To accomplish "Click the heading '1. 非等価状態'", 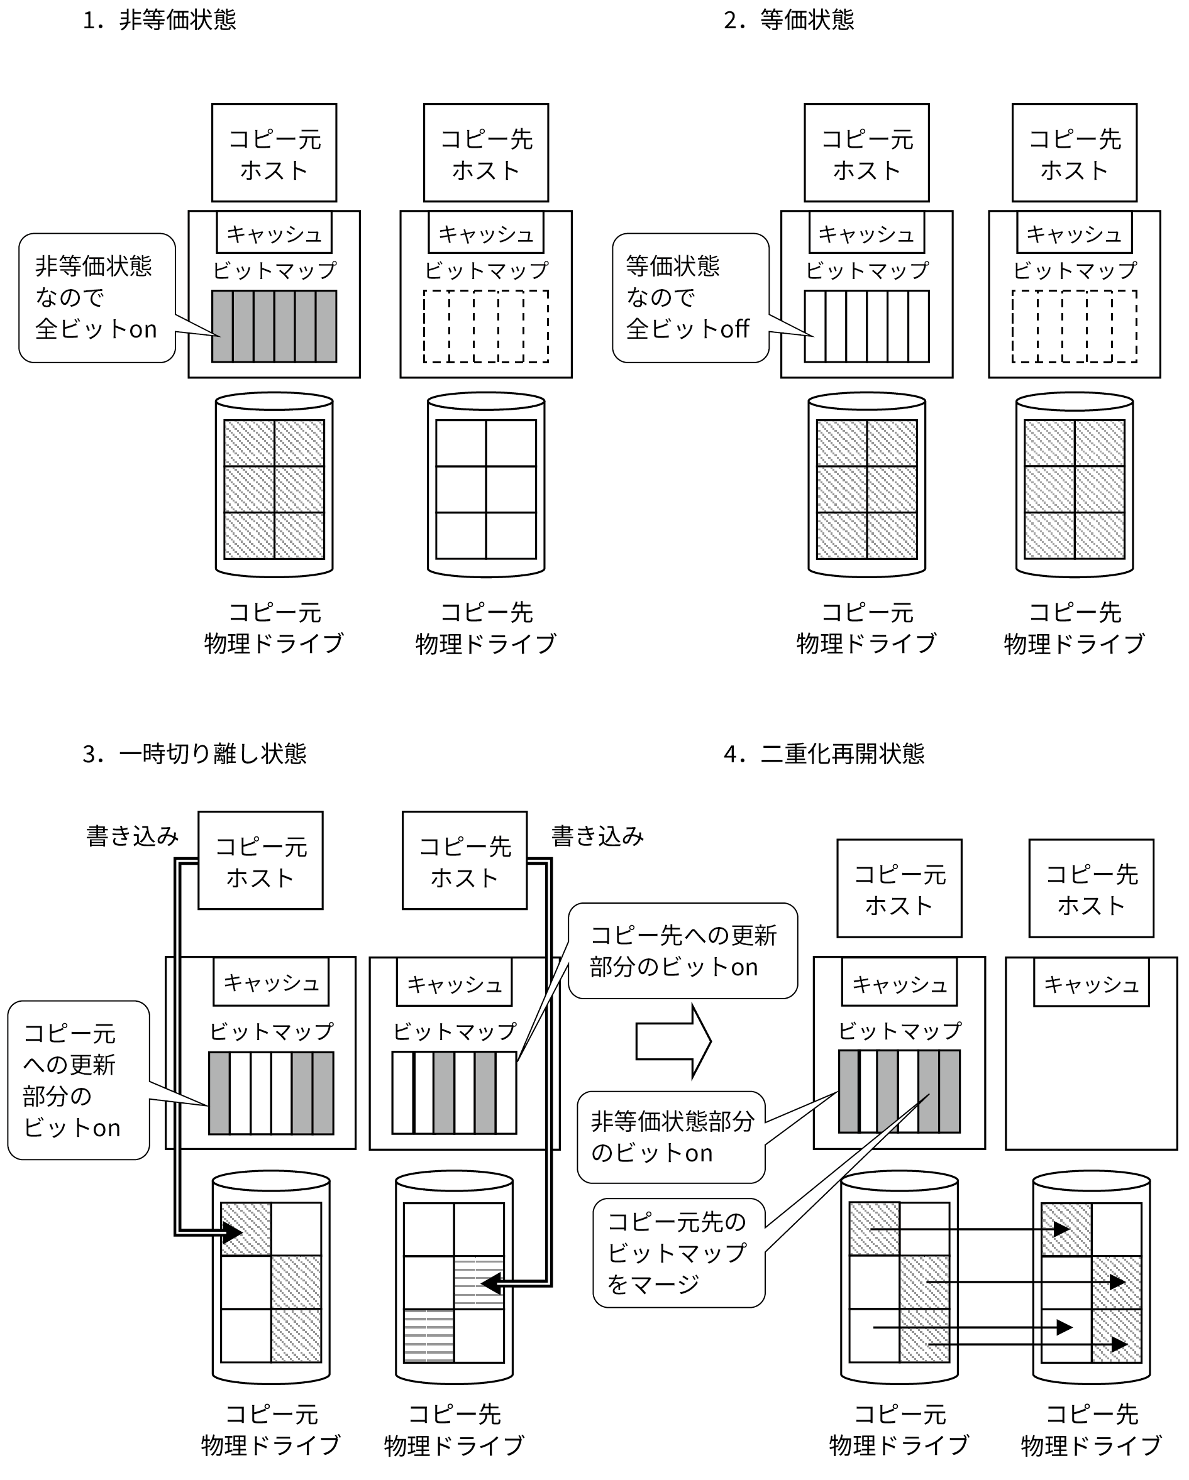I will click(158, 21).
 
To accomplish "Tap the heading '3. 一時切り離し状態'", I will click(194, 754).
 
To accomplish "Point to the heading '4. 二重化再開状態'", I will click(824, 754).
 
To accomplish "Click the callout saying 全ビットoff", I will click(690, 298).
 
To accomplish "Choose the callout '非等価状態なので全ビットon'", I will click(97, 298).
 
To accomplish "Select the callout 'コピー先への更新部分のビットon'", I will click(683, 951).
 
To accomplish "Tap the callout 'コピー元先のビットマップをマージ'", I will click(678, 1253).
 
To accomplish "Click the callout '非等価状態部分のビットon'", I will click(671, 1137).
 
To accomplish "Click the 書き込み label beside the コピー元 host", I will click(132, 836).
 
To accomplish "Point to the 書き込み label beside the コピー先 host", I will click(597, 836).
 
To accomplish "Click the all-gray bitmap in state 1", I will click(274, 326).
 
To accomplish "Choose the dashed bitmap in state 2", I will click(1075, 326).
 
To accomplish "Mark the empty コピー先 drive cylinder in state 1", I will click(485, 485).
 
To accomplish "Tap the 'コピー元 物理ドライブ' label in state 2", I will click(867, 628).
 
